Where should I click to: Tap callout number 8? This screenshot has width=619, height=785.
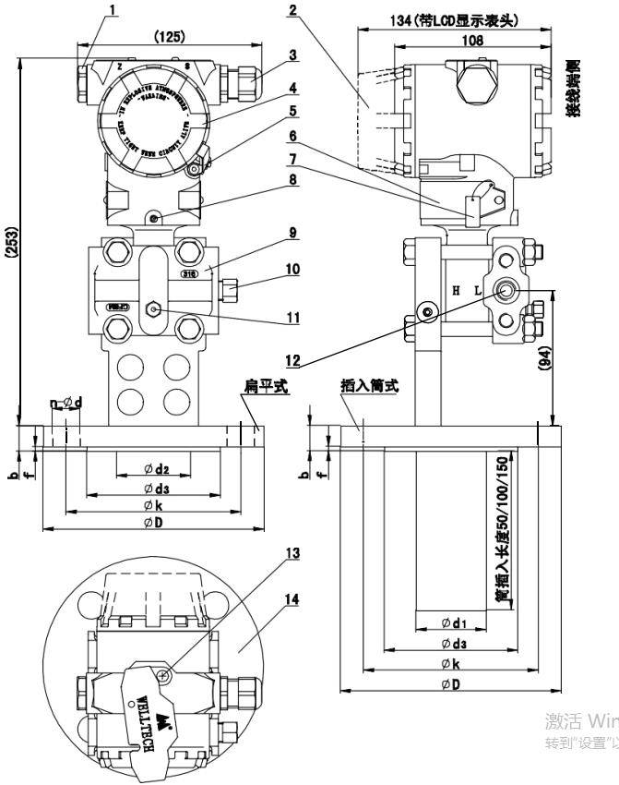click(x=292, y=181)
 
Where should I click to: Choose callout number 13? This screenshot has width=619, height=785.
click(x=292, y=552)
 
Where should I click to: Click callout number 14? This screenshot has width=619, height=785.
click(x=292, y=599)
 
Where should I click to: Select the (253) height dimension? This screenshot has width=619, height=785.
click(x=10, y=243)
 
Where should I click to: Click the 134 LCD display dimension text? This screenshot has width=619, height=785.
click(x=452, y=19)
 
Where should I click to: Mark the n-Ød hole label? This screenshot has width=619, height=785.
click(x=65, y=403)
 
